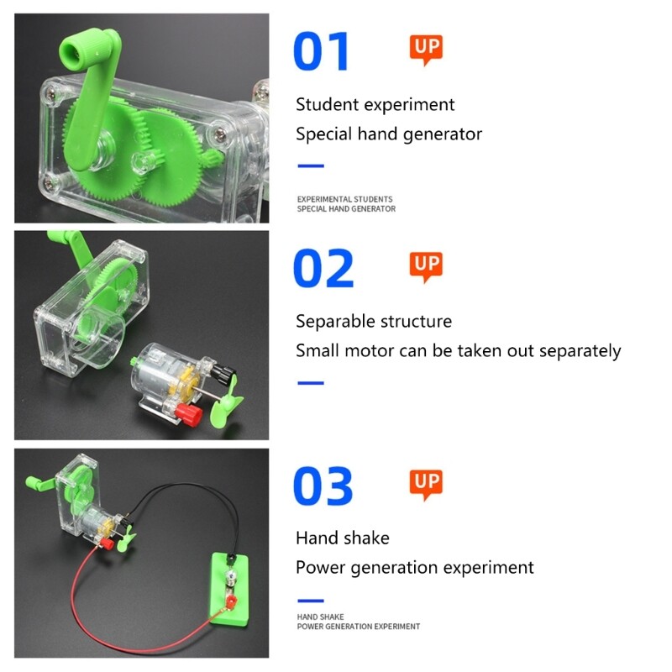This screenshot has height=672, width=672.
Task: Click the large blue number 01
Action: pyautogui.click(x=321, y=51)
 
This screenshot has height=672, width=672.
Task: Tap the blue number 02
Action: pyautogui.click(x=323, y=269)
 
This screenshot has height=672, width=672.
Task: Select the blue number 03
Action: pyautogui.click(x=323, y=487)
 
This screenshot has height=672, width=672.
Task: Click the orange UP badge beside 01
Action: pyautogui.click(x=426, y=49)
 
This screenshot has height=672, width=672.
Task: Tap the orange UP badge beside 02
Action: pyautogui.click(x=426, y=266)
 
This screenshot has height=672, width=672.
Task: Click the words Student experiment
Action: pyautogui.click(x=375, y=105)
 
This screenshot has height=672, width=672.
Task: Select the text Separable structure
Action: pyautogui.click(x=374, y=322)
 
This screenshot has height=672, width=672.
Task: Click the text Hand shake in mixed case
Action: pyautogui.click(x=343, y=538)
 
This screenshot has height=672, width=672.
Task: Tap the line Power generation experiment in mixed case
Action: pyautogui.click(x=414, y=568)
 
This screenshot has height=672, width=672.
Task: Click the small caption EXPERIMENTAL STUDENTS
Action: pyautogui.click(x=344, y=200)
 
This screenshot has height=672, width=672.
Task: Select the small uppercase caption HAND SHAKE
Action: pyautogui.click(x=321, y=617)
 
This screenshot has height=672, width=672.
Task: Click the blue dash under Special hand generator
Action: pyautogui.click(x=311, y=165)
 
